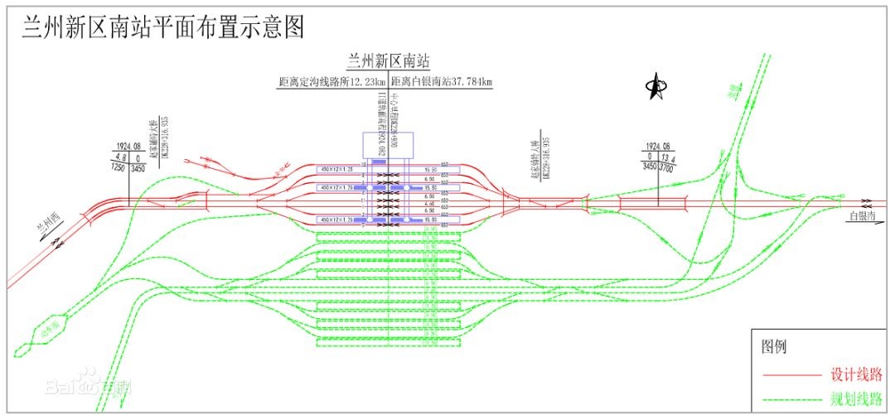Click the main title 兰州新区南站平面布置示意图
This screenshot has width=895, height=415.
[x=163, y=27]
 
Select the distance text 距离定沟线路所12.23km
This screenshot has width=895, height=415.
[x=332, y=81]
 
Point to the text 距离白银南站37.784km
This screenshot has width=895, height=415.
[x=442, y=81]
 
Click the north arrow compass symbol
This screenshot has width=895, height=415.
[x=656, y=85]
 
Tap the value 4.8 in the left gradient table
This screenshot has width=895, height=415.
[x=120, y=157]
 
